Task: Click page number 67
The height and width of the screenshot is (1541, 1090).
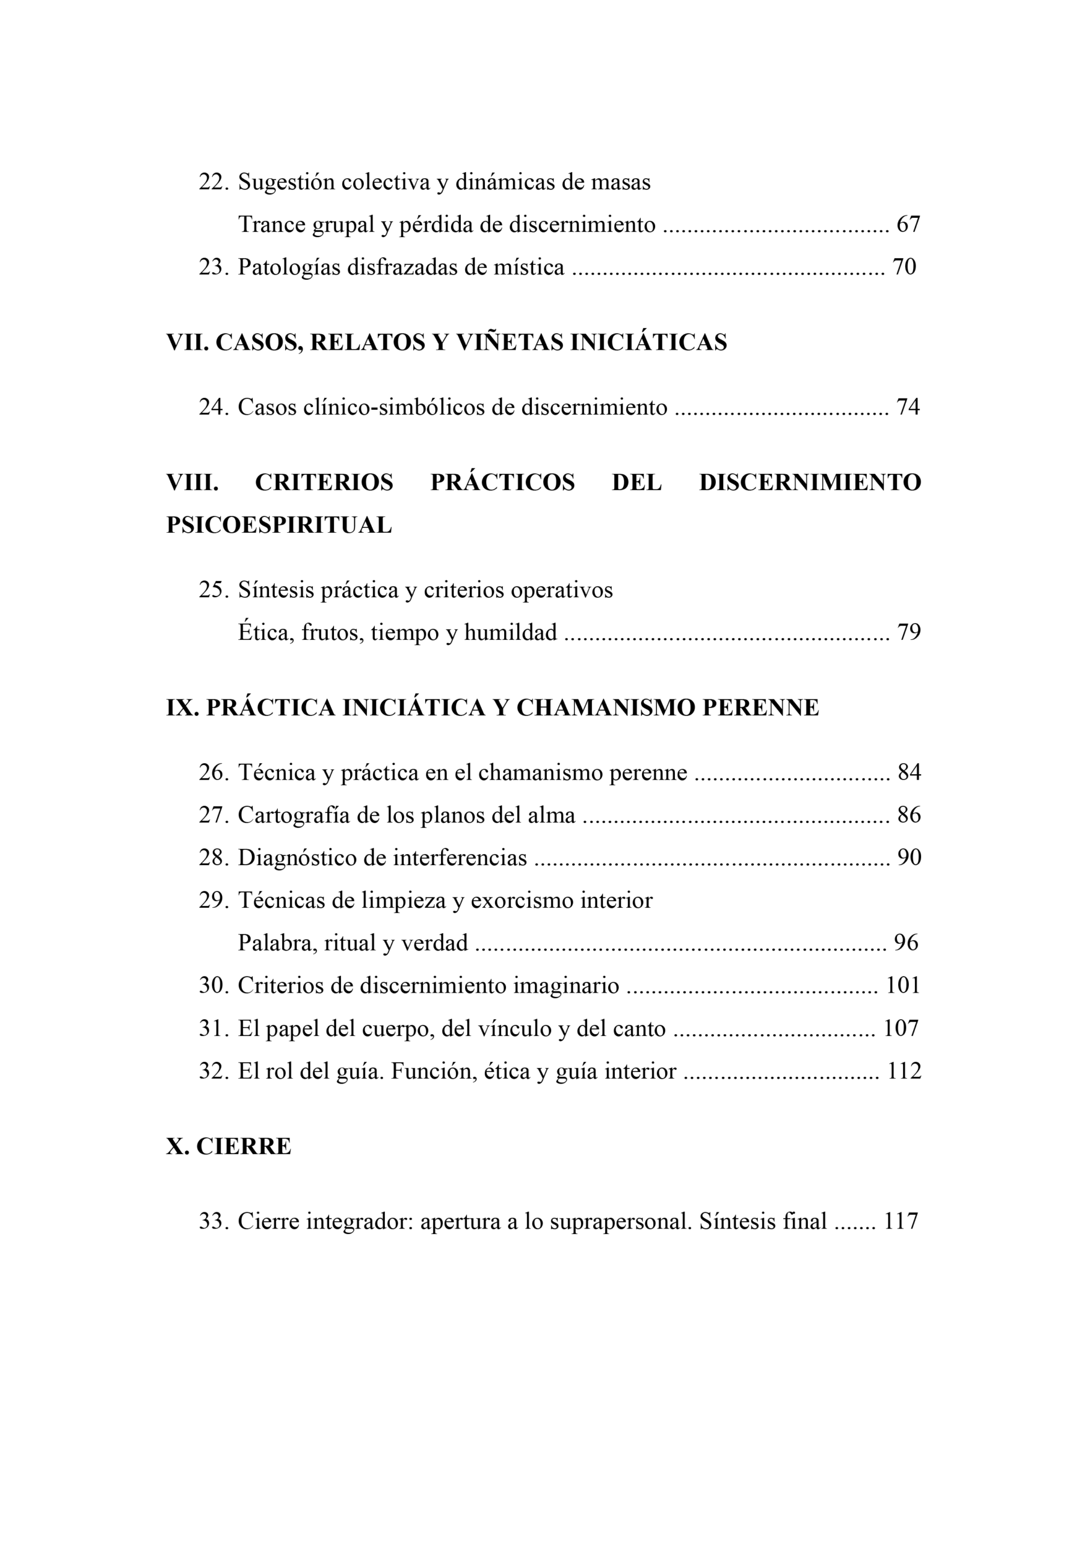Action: (908, 225)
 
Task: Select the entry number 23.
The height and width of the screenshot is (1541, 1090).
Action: (214, 267)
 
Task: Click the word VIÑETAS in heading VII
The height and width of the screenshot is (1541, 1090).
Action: (510, 343)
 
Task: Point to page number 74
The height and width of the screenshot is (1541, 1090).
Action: (908, 407)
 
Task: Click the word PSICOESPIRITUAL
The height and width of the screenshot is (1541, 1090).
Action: (279, 525)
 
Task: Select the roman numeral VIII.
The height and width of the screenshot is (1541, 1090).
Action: (192, 482)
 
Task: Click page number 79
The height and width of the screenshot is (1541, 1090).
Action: (909, 633)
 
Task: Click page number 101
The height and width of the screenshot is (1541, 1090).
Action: (903, 986)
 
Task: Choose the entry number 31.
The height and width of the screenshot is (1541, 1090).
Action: (214, 1029)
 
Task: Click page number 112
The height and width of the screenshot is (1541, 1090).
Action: (904, 1071)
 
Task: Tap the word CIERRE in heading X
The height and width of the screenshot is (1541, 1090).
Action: (244, 1146)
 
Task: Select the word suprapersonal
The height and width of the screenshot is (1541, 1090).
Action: (620, 1221)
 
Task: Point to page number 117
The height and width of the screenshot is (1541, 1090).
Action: (901, 1221)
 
